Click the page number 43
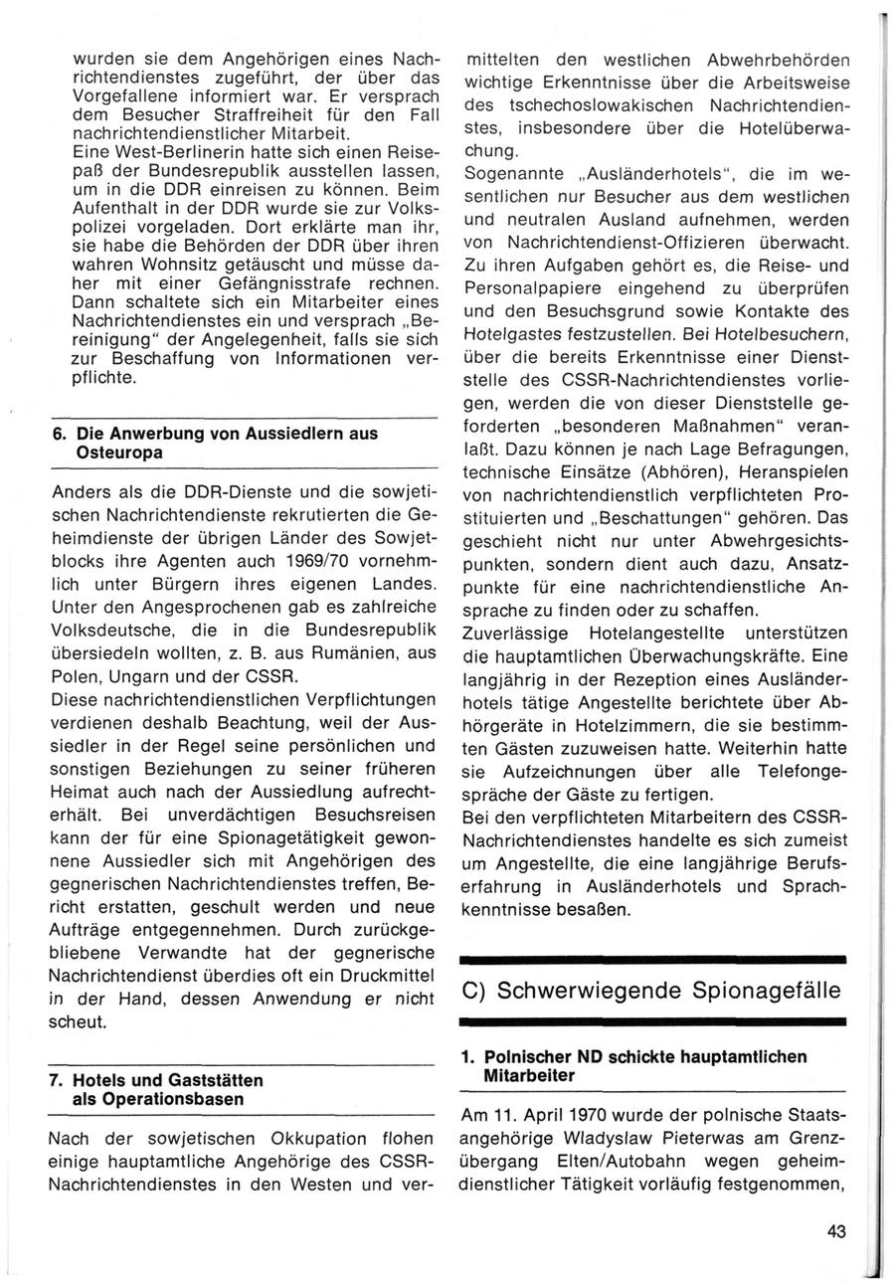click(835, 1232)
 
